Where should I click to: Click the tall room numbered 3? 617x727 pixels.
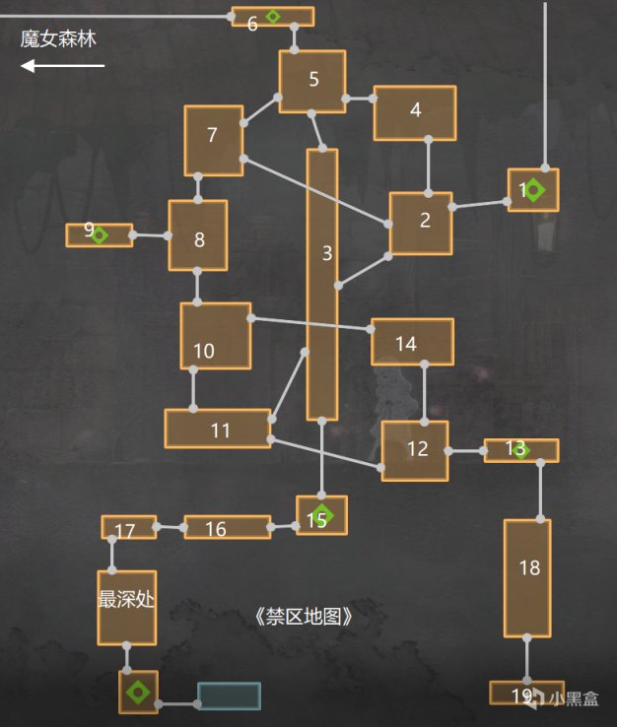pos(322,285)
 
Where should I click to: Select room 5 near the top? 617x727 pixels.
pos(312,81)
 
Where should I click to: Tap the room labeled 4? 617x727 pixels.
pos(414,112)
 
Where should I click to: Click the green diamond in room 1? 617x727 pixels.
pos(534,189)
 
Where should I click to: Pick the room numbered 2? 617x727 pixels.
pos(421,223)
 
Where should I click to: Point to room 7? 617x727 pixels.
pos(213,140)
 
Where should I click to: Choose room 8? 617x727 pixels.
pos(197,235)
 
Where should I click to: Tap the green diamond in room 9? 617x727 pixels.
pos(99,233)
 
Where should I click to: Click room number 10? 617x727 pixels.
pos(215,335)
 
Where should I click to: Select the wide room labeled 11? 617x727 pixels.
pos(218,429)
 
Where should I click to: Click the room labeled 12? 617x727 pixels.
pos(415,450)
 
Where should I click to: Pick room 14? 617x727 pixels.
pos(412,342)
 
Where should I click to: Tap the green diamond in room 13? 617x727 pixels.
pos(521,450)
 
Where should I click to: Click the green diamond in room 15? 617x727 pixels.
pos(323,514)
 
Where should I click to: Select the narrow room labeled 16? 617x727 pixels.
pos(227,528)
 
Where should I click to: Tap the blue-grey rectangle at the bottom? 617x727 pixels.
pos(229,695)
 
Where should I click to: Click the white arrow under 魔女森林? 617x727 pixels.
pos(62,66)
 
